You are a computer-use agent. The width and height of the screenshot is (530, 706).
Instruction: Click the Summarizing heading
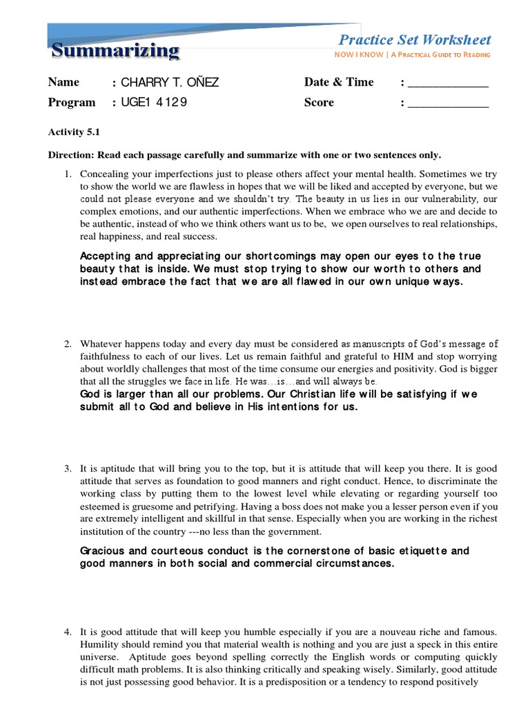[x=116, y=51]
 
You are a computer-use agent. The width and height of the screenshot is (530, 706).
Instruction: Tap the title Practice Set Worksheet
[x=415, y=40]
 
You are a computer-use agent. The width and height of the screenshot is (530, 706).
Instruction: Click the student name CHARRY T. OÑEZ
[x=170, y=82]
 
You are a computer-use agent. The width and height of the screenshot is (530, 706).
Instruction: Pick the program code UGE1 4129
[x=153, y=103]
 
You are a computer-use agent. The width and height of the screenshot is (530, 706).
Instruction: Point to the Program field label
[x=72, y=103]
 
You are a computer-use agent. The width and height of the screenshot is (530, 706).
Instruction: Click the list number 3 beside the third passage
[x=68, y=468]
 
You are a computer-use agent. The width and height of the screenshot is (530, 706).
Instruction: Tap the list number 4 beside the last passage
[x=68, y=632]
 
